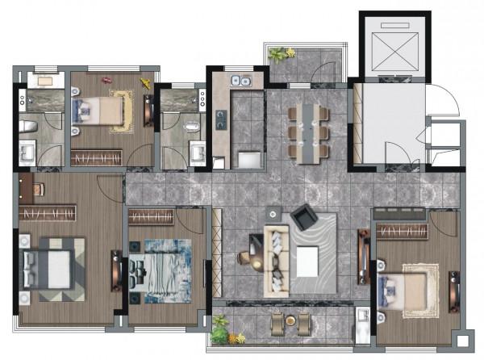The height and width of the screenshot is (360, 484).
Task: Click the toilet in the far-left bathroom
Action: pos(26,126)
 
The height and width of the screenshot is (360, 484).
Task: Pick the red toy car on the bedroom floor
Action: pos(106,79)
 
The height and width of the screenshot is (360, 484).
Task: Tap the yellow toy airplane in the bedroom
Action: pos(146,84)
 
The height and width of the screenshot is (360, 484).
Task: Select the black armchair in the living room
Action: pos(304,216)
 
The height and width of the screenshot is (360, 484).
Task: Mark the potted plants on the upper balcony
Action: pos(282,54)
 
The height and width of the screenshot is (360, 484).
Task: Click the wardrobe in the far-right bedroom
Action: pos(400,232)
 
